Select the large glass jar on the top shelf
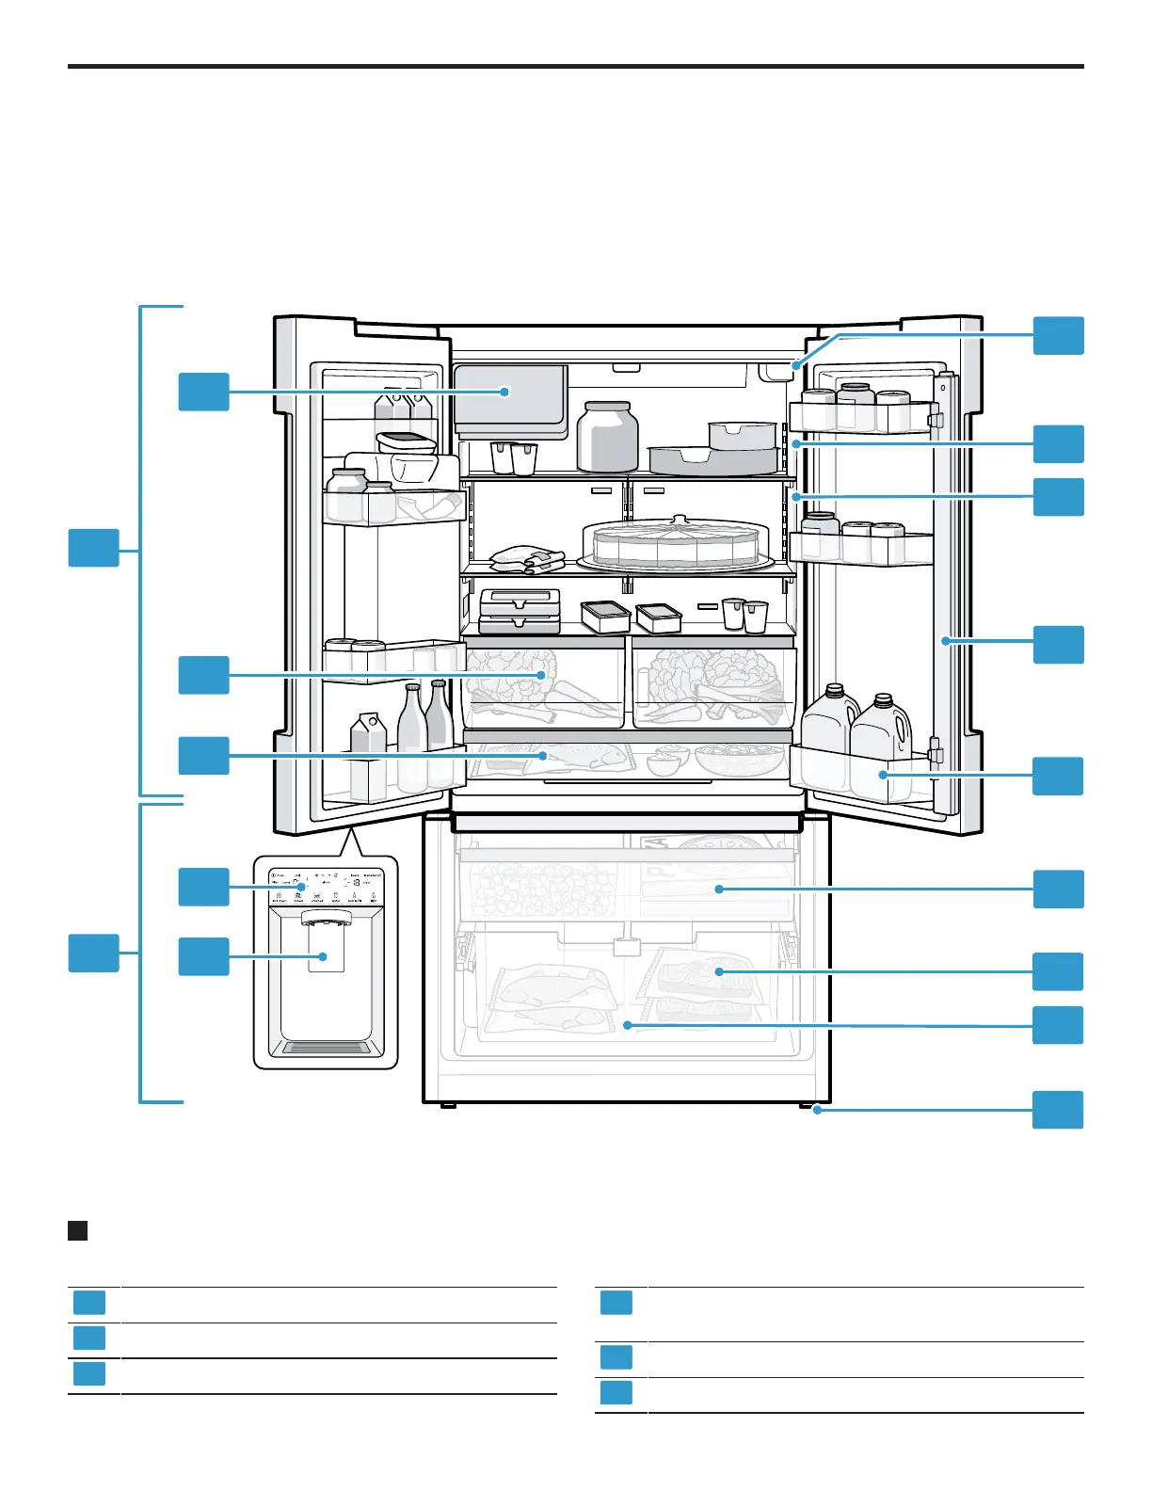[x=607, y=437]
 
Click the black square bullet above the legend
[x=78, y=1230]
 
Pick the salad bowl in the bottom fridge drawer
[x=740, y=759]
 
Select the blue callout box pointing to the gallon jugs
[x=1058, y=776]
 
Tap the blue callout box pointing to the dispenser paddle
[x=203, y=956]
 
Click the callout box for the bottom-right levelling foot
[x=1058, y=1110]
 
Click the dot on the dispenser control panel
[x=301, y=887]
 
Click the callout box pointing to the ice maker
[x=203, y=392]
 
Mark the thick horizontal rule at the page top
[x=575, y=67]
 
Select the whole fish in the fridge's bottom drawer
[x=584, y=756]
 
